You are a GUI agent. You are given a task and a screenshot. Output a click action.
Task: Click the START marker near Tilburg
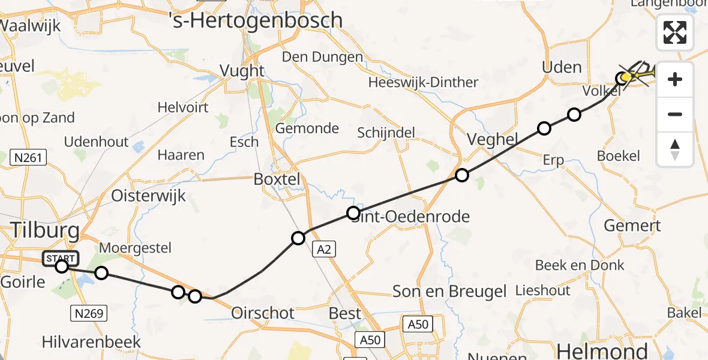(61, 259)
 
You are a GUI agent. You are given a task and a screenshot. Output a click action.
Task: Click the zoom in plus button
(675, 79)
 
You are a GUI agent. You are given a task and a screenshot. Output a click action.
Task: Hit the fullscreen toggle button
(675, 32)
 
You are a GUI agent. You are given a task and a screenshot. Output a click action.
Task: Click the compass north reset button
(675, 149)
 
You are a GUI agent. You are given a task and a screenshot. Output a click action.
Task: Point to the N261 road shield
(29, 158)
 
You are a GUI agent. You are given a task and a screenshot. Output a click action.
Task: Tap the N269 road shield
(89, 313)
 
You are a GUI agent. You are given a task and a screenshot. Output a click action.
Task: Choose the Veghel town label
(492, 140)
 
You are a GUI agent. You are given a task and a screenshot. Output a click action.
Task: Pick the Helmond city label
(602, 350)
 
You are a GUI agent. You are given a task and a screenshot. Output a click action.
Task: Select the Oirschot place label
(263, 313)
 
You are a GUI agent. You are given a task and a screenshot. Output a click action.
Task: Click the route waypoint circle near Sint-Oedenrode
(353, 213)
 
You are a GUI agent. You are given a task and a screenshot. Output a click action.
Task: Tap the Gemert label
(632, 226)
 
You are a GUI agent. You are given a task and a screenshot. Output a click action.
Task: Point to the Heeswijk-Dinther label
(423, 82)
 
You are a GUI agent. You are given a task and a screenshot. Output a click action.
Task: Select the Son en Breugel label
(449, 292)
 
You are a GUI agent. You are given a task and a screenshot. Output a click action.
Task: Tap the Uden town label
(562, 67)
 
